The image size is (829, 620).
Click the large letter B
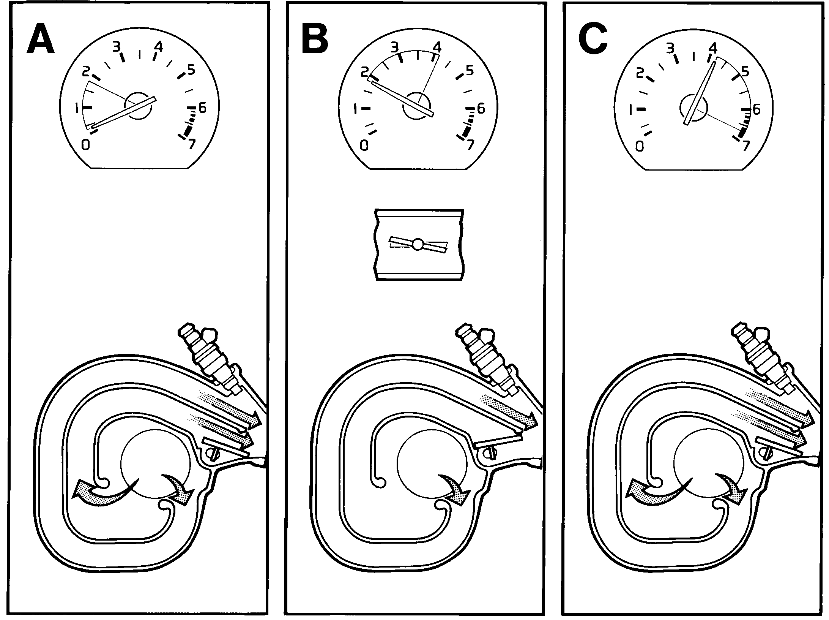tap(315, 38)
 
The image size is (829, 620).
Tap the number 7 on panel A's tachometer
tap(192, 144)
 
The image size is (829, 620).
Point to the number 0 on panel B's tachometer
tap(364, 146)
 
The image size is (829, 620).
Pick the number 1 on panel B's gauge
tap(356, 109)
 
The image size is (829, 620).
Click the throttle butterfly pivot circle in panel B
tap(418, 245)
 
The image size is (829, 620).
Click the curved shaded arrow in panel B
tap(455, 490)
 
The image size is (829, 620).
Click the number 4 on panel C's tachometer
tap(712, 48)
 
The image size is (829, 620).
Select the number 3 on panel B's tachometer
tap(395, 47)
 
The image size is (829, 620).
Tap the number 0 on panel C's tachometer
tap(640, 146)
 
